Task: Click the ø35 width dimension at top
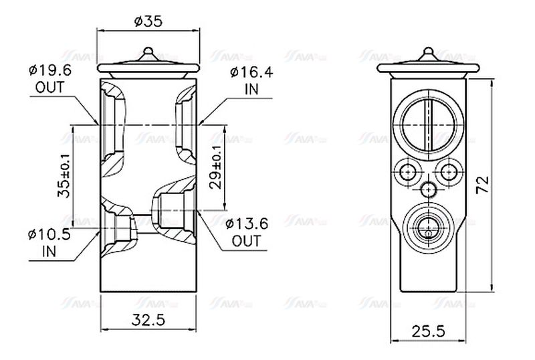tap(148, 21)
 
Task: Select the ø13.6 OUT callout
tap(247, 232)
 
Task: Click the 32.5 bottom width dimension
tap(149, 319)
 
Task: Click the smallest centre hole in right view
tap(428, 189)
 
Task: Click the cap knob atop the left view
tap(148, 53)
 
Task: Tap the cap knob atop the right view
tap(428, 54)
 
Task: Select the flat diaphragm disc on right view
tap(428, 66)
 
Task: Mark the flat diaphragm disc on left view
tap(148, 66)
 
